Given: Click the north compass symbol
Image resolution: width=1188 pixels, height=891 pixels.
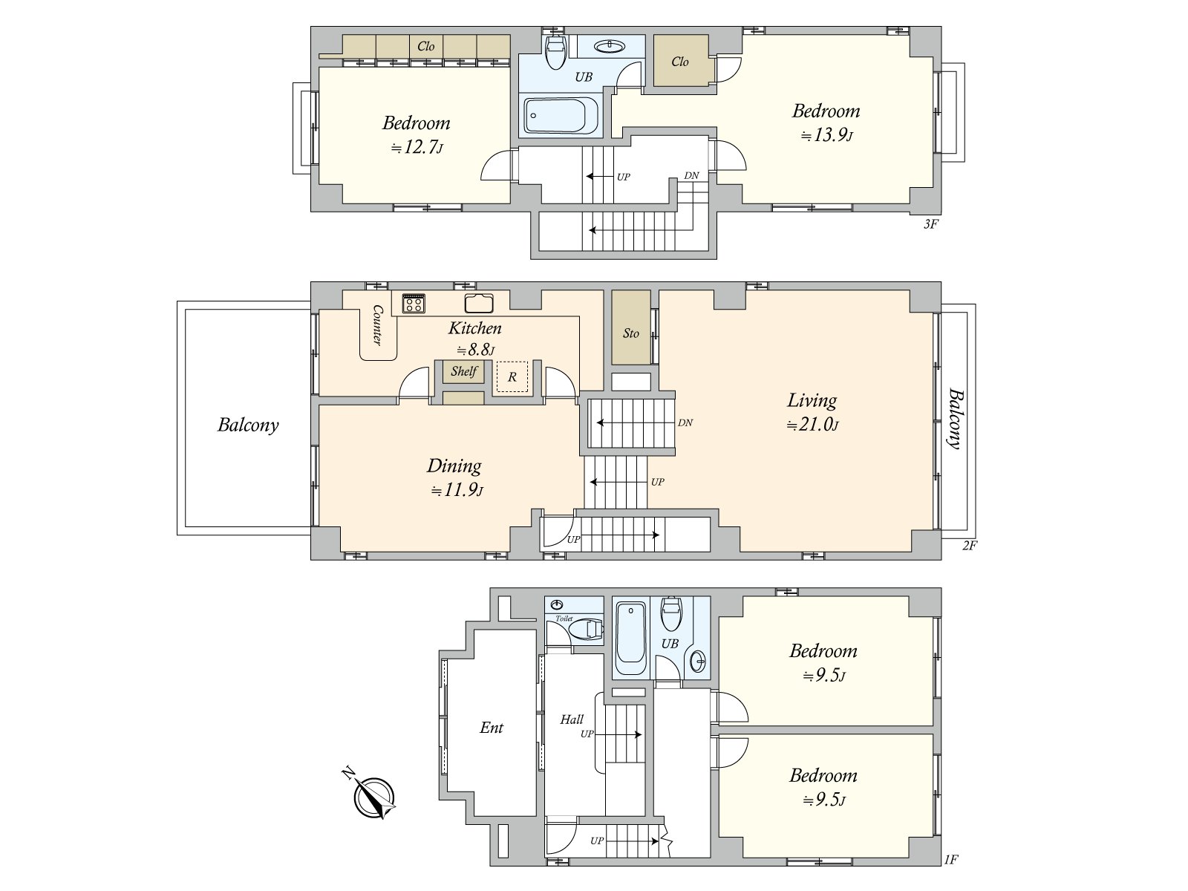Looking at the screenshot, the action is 373,797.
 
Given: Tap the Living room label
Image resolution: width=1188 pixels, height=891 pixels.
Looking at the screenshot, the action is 812,400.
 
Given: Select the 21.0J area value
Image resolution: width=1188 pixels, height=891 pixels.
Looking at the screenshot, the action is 812,425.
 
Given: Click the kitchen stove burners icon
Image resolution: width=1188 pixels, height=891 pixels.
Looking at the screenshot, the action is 414,303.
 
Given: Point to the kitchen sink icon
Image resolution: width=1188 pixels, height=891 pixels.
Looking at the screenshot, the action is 478,303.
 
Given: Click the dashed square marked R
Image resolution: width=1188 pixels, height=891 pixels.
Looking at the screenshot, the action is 512,376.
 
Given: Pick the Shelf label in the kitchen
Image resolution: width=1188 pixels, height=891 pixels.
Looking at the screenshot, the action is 464,371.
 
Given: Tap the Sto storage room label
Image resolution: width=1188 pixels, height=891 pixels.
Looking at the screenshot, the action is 630,333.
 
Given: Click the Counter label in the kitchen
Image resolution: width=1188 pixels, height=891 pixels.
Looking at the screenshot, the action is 377,324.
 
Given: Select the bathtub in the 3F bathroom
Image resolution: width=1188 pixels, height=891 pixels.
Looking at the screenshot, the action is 561,116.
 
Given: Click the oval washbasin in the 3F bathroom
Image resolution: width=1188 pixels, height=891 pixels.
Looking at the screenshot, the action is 610,47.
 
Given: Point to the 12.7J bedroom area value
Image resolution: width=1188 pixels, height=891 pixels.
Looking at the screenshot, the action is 417,147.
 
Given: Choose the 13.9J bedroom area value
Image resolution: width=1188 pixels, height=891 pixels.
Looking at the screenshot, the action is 826,134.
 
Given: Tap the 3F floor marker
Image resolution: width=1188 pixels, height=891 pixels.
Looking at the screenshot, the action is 930,224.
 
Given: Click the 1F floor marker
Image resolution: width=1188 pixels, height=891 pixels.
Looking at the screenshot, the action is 951,860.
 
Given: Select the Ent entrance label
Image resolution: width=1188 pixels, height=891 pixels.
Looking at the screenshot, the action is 492,728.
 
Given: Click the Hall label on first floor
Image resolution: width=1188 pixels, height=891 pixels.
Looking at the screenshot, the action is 572,719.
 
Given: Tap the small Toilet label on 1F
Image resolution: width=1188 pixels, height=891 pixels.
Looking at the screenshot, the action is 564,619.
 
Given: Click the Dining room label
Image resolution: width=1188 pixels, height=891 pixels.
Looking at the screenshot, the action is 454,466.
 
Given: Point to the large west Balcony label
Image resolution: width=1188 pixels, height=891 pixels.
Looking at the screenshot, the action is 248,425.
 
